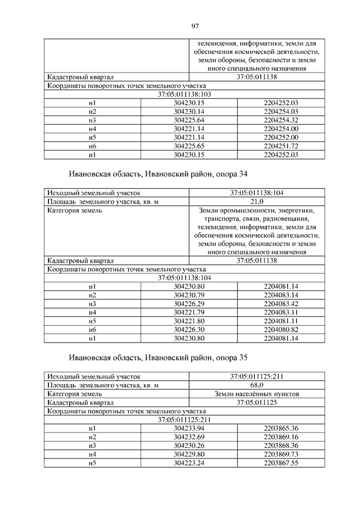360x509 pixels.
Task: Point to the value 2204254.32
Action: [x=280, y=120]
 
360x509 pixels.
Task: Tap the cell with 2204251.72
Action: [x=280, y=146]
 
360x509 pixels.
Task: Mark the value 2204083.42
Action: [x=280, y=304]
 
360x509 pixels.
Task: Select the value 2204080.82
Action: [x=280, y=329]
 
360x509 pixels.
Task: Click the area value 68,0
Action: [x=256, y=385]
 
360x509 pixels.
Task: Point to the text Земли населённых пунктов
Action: [x=256, y=394]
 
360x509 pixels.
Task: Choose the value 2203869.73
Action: [x=280, y=454]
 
